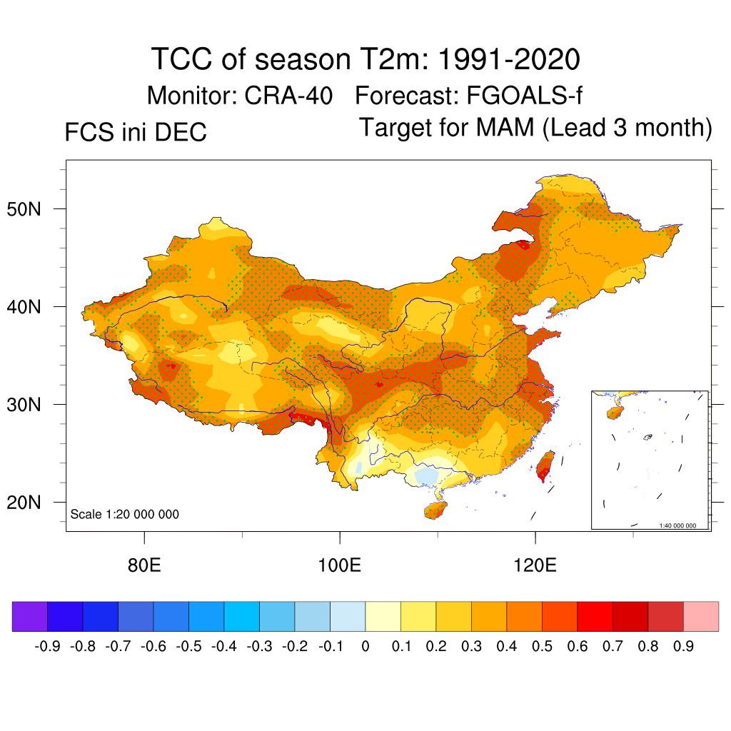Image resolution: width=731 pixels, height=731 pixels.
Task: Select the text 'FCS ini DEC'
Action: [136, 133]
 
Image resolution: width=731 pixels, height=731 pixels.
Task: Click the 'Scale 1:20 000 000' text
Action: [125, 514]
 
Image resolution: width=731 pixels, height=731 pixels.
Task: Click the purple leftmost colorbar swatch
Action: [30, 617]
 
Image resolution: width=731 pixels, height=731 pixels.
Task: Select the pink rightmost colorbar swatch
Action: [701, 617]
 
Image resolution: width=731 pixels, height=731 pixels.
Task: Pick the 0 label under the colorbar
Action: [365, 647]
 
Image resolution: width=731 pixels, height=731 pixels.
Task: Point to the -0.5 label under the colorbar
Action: [188, 647]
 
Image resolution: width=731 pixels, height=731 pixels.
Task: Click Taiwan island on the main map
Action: [545, 465]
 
